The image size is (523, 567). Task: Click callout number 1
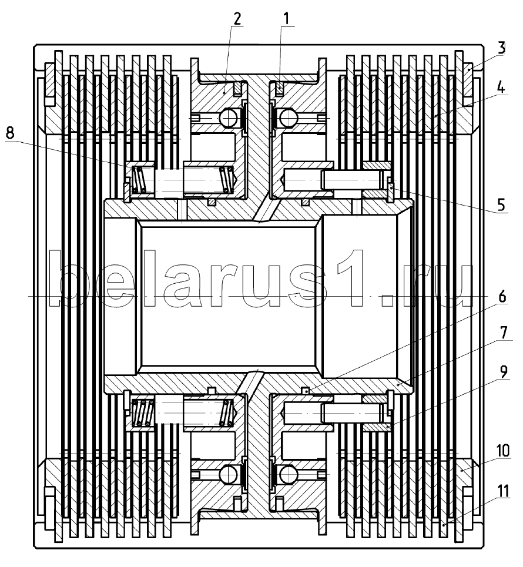coord(286,18)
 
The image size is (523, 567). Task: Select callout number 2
coord(237,18)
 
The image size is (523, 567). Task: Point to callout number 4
coord(501,87)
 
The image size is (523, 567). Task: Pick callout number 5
coord(501,205)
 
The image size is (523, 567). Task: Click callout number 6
coord(502,297)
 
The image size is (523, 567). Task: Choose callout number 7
coord(503,333)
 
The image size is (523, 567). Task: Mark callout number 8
coord(10,133)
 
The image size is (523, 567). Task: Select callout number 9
coord(503,372)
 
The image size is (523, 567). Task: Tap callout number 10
coord(503,451)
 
